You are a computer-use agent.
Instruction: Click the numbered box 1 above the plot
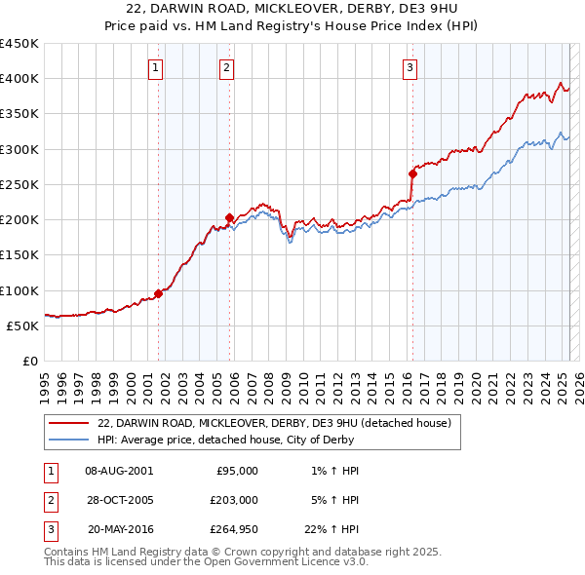pos(156,68)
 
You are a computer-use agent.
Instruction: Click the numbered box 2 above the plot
pos(226,68)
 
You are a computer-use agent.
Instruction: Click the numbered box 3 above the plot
pos(409,68)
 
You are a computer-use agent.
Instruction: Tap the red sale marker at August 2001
pos(158,293)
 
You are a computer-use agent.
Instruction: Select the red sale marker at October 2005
pos(230,217)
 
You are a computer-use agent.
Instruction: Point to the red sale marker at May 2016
pos(412,173)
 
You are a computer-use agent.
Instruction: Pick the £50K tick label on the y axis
pos(22,326)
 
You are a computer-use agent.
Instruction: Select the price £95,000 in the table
pos(237,470)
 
